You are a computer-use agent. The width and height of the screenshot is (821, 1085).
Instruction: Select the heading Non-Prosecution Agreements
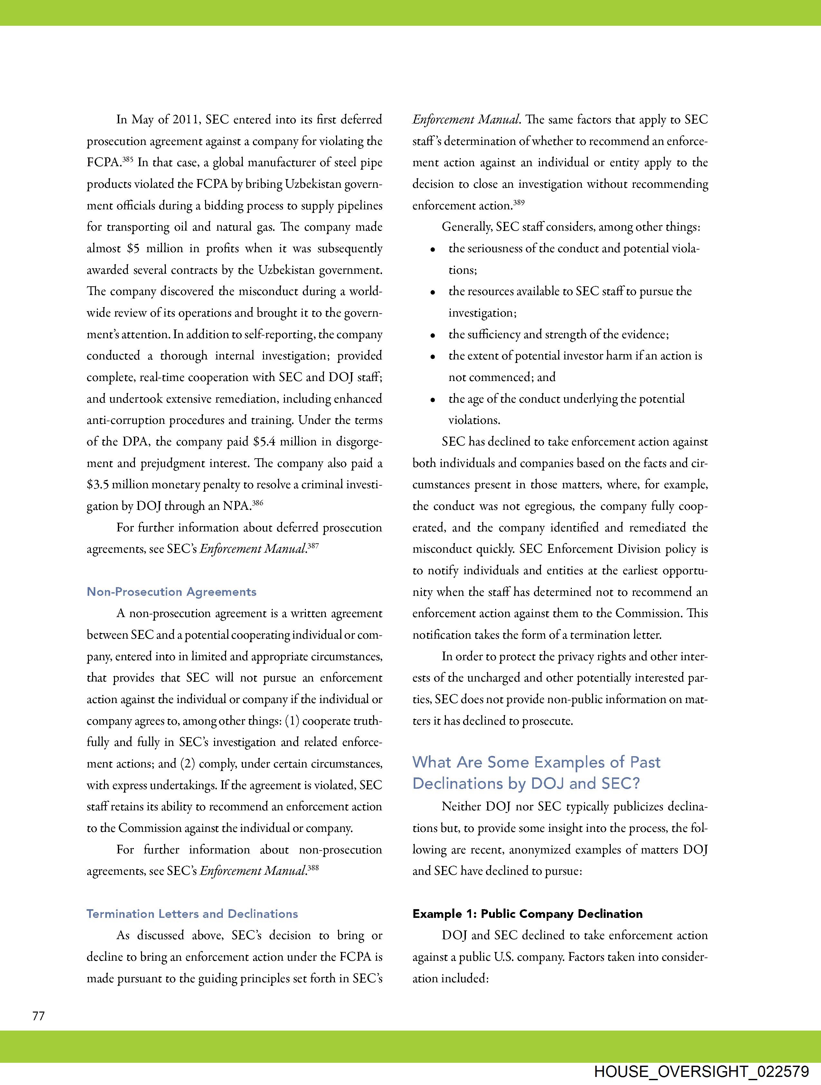click(x=171, y=592)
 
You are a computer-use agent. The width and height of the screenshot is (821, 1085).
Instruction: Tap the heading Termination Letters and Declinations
click(x=192, y=914)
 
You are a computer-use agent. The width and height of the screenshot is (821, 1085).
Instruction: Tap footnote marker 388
click(x=313, y=868)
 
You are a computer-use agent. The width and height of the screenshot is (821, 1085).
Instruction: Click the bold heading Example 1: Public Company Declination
click(x=527, y=914)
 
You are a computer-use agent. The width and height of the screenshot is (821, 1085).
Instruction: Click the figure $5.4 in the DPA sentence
click(x=265, y=442)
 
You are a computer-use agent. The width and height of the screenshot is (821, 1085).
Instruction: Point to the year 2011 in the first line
click(x=186, y=120)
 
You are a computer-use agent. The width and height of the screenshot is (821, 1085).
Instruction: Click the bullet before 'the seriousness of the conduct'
click(x=433, y=250)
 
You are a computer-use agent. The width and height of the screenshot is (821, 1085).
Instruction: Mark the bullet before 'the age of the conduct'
click(x=433, y=400)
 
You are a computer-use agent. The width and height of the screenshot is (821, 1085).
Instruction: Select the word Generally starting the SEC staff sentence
click(x=467, y=227)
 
